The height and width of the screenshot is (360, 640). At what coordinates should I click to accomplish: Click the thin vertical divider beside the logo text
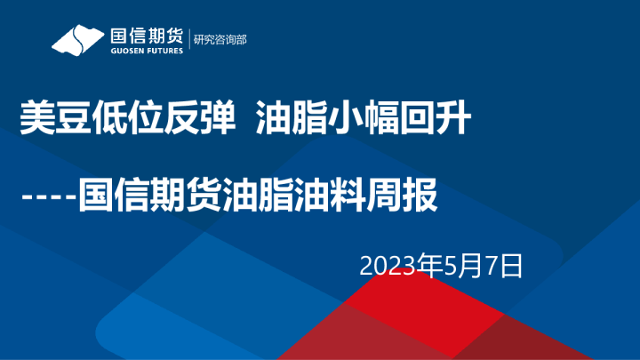click(x=189, y=40)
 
